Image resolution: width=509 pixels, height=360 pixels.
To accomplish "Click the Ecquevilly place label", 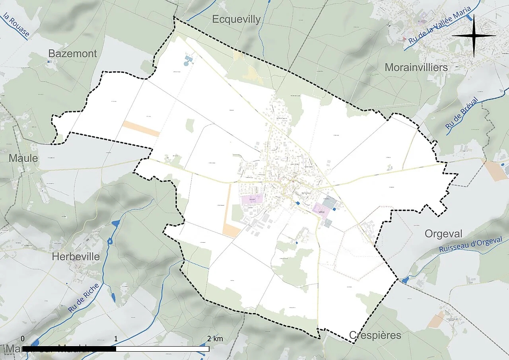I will (x=236, y=19).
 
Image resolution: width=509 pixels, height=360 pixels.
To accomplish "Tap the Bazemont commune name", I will (x=72, y=54).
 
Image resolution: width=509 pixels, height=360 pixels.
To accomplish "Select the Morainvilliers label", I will (x=416, y=68).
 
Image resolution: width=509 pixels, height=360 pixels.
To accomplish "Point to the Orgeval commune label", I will (x=444, y=234).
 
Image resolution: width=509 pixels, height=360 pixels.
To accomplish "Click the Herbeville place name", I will (x=76, y=257).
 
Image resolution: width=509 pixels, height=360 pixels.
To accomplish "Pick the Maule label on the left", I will (x=23, y=158).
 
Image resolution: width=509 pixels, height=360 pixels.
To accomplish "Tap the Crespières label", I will (x=375, y=335).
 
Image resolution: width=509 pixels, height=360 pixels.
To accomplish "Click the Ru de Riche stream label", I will (x=83, y=298).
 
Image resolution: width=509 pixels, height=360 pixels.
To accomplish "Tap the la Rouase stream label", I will (x=16, y=25).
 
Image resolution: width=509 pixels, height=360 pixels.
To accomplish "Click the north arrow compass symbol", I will (x=474, y=36).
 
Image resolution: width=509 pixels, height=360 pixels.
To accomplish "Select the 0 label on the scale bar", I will (x=23, y=339).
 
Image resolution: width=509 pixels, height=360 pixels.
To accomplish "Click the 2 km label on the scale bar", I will (x=215, y=339).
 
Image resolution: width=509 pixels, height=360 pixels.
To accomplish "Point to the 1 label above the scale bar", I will (x=116, y=339).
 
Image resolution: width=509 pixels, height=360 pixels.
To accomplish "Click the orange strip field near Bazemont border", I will (x=141, y=128).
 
